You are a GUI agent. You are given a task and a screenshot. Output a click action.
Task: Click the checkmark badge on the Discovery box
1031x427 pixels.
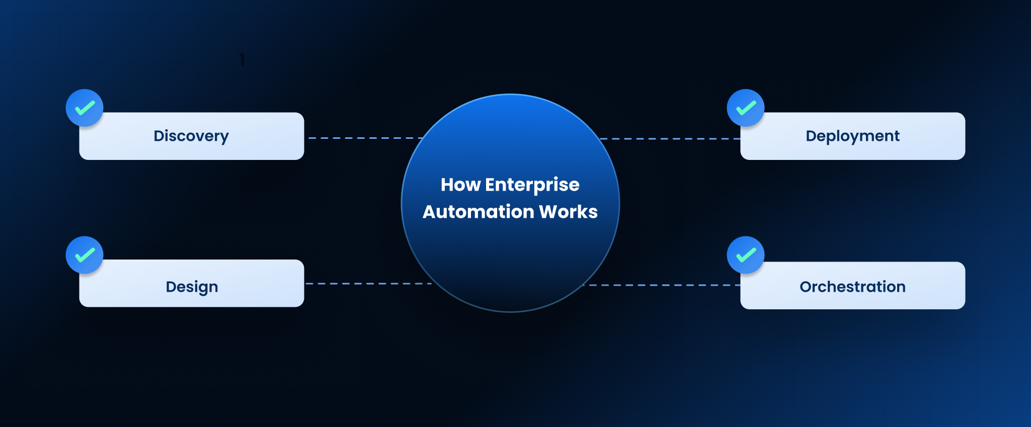tap(85, 108)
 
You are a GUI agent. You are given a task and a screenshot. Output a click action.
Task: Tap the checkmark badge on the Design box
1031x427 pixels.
tap(85, 255)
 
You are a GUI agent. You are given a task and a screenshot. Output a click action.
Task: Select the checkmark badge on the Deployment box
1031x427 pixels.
tap(746, 108)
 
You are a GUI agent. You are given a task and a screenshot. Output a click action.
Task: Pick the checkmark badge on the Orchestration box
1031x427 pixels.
tap(746, 255)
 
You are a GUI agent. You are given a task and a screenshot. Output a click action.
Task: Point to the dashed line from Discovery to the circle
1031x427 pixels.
tap(365, 138)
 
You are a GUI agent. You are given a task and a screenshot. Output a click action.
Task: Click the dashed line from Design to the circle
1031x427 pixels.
tap(367, 284)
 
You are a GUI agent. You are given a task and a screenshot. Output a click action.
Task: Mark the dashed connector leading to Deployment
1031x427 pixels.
tap(669, 139)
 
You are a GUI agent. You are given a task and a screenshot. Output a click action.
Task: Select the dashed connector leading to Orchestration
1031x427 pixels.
tap(662, 285)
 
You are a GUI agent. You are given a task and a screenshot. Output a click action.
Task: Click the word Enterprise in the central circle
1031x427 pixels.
tap(532, 185)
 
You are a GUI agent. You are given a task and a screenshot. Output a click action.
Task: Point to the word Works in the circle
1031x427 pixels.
tap(568, 212)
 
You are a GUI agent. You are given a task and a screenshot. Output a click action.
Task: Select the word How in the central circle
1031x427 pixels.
tap(460, 185)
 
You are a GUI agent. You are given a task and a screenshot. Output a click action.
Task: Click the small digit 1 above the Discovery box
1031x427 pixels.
tap(242, 60)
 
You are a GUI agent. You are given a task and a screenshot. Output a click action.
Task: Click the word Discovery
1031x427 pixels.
tap(191, 136)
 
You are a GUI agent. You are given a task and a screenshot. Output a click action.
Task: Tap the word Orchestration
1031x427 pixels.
tap(852, 287)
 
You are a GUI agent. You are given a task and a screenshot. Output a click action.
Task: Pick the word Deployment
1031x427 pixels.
tap(852, 136)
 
